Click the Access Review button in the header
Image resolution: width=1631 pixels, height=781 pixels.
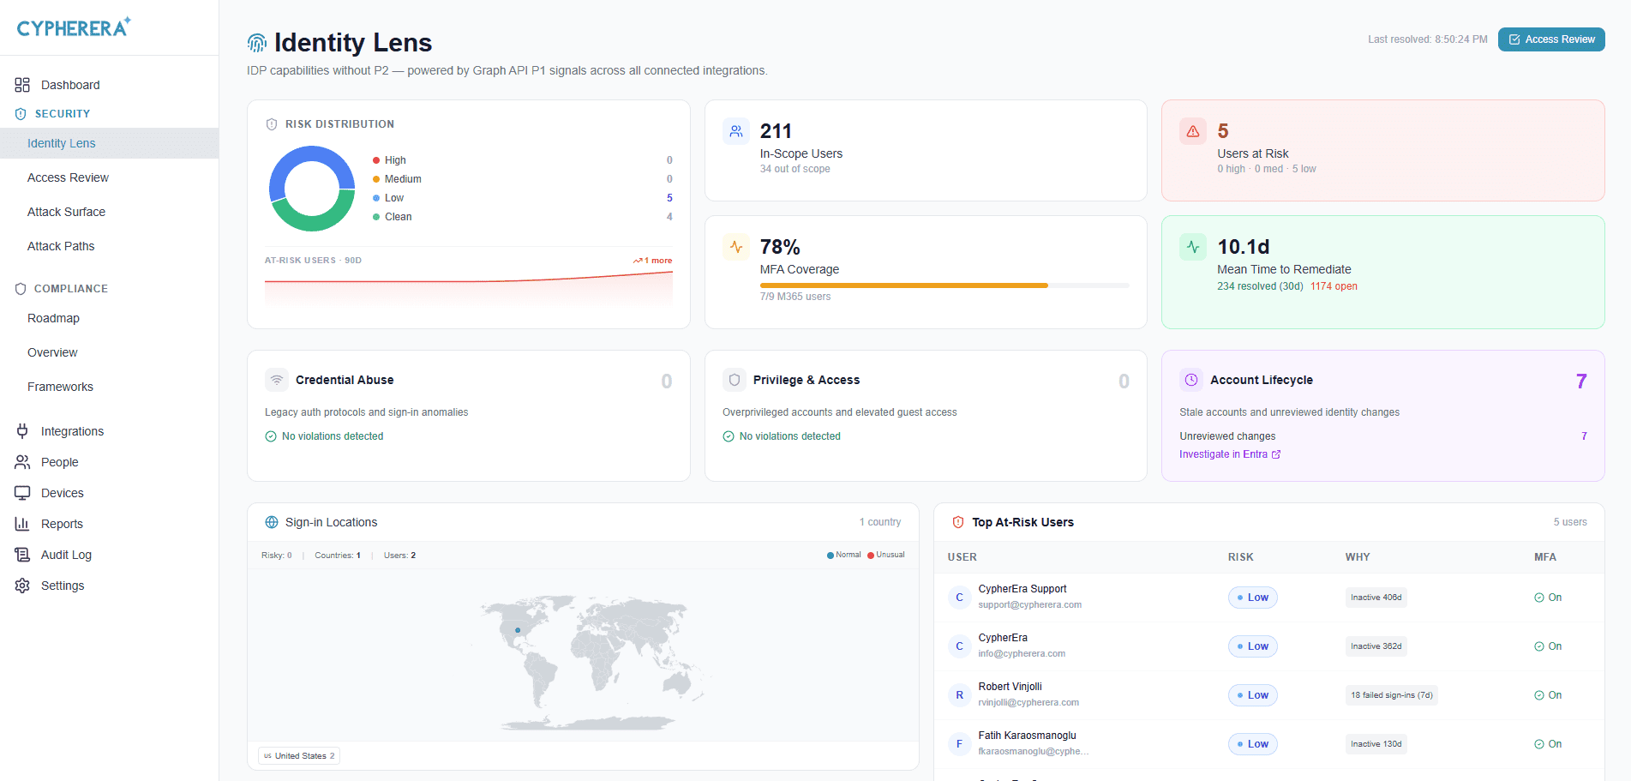(1551, 39)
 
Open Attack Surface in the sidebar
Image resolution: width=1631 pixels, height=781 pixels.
(66, 212)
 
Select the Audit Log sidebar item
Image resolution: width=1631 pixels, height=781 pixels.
(66, 555)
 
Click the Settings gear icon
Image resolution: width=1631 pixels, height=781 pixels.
(22, 586)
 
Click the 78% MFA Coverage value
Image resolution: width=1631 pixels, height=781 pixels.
(780, 247)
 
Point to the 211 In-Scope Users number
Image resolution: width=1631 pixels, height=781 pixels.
(776, 131)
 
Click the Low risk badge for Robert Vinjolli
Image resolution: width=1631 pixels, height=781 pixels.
(1253, 695)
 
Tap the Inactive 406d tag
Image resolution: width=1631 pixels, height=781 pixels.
(1376, 598)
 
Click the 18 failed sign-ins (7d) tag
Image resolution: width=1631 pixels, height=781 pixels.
(1392, 695)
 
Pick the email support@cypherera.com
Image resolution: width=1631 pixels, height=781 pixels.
(1030, 605)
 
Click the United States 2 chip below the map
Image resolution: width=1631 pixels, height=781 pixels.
(300, 756)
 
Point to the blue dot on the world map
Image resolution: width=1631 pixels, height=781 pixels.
(518, 630)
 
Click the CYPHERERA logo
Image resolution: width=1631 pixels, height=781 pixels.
(74, 27)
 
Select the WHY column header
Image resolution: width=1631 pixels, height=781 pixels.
(1358, 557)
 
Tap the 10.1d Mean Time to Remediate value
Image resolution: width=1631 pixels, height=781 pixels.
(1244, 247)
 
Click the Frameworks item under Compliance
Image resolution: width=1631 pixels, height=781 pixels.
(60, 387)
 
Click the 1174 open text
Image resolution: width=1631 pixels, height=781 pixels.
(1334, 286)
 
